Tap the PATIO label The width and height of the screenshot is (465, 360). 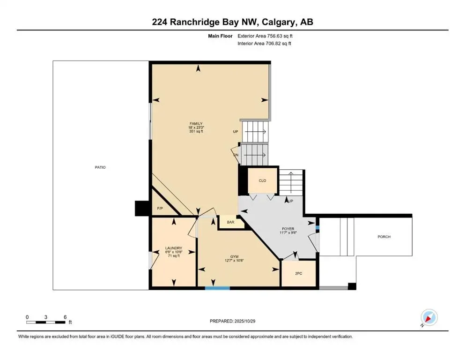[100, 167]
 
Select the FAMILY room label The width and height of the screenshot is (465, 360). [196, 124]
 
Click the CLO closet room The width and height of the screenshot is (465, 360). [262, 180]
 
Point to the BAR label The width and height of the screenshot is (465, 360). [231, 222]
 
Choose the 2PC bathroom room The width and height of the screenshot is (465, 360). [298, 273]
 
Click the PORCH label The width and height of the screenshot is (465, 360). [384, 237]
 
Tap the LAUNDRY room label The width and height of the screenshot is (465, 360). [173, 248]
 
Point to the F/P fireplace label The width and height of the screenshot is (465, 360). [160, 208]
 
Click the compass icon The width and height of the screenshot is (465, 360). [429, 317]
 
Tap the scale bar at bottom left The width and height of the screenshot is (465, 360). [46, 322]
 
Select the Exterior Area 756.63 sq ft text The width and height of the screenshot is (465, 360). [267, 36]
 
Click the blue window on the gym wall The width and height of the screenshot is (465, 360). [217, 288]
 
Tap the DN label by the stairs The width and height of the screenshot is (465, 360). [236, 155]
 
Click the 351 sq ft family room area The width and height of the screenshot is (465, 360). [196, 132]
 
